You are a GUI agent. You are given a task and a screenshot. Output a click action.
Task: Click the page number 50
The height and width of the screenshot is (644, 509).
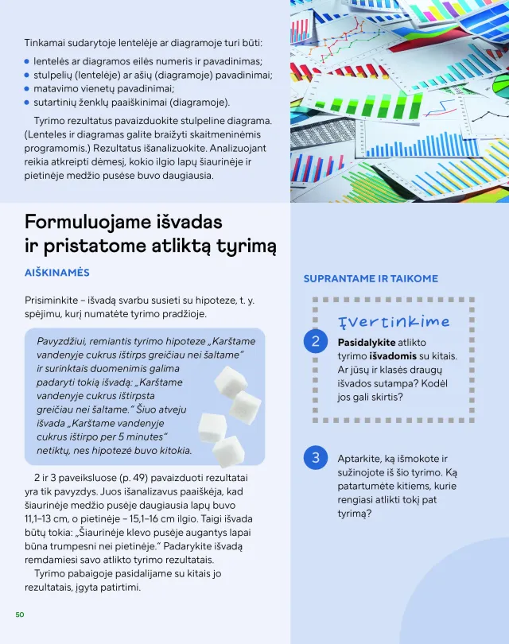(x=20, y=615)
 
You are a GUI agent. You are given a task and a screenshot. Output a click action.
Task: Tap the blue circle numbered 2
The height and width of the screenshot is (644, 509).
(x=316, y=342)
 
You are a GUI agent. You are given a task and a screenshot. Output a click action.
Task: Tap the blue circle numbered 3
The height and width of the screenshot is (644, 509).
(x=316, y=458)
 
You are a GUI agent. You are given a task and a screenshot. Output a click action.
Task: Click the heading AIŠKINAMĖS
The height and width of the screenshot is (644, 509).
(x=57, y=273)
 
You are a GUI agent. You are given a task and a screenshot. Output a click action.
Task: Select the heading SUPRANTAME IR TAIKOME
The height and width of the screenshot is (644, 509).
(x=371, y=278)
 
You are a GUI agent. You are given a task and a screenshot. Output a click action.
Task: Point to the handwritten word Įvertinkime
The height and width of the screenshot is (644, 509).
(x=394, y=321)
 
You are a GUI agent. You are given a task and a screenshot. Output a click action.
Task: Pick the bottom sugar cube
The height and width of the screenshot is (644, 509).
(x=228, y=449)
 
